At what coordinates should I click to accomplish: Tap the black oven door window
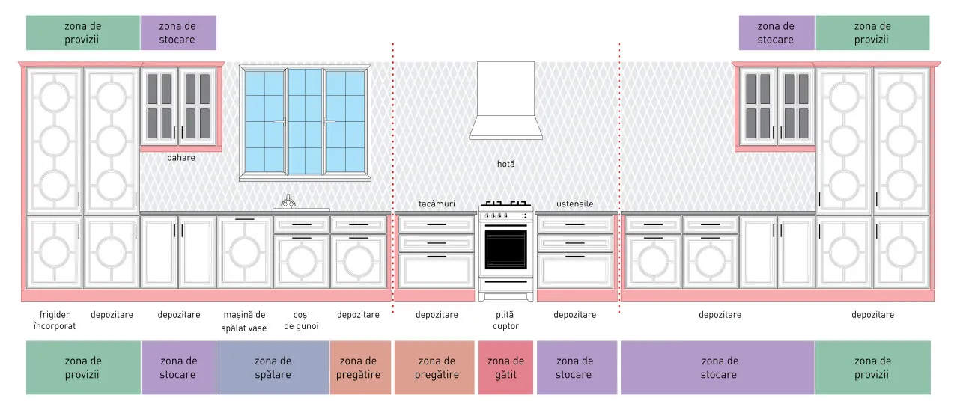[506, 250]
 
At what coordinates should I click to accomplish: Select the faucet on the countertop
[288, 201]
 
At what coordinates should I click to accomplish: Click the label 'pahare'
[181, 158]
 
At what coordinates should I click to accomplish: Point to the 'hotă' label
[506, 164]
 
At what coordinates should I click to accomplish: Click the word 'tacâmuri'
[437, 204]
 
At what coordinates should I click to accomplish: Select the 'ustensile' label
[574, 204]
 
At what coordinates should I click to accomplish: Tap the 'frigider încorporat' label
[54, 320]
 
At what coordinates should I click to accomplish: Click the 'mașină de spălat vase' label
[244, 321]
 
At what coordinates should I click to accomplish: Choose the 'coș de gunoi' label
[301, 320]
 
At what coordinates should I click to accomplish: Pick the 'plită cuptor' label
[505, 320]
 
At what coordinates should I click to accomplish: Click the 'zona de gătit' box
[506, 367]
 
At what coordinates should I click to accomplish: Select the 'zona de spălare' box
[273, 367]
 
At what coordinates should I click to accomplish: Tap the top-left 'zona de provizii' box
[83, 33]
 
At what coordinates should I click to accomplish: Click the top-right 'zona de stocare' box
[777, 33]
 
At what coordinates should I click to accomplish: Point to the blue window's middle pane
[305, 121]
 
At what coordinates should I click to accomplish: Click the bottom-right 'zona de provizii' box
[873, 367]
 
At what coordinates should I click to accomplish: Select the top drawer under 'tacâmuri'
[437, 225]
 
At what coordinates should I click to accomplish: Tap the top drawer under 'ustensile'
[575, 225]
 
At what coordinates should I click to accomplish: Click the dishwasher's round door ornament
[244, 253]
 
